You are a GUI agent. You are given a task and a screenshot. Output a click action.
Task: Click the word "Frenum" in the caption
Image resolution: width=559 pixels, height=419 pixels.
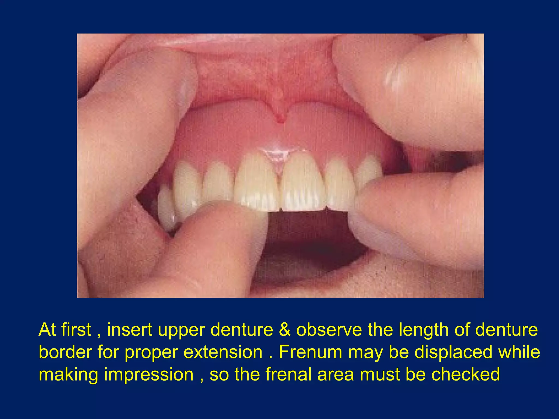pyautogui.click(x=310, y=352)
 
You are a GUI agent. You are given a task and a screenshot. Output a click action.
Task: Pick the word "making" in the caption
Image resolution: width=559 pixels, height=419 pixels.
pyautogui.click(x=68, y=375)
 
